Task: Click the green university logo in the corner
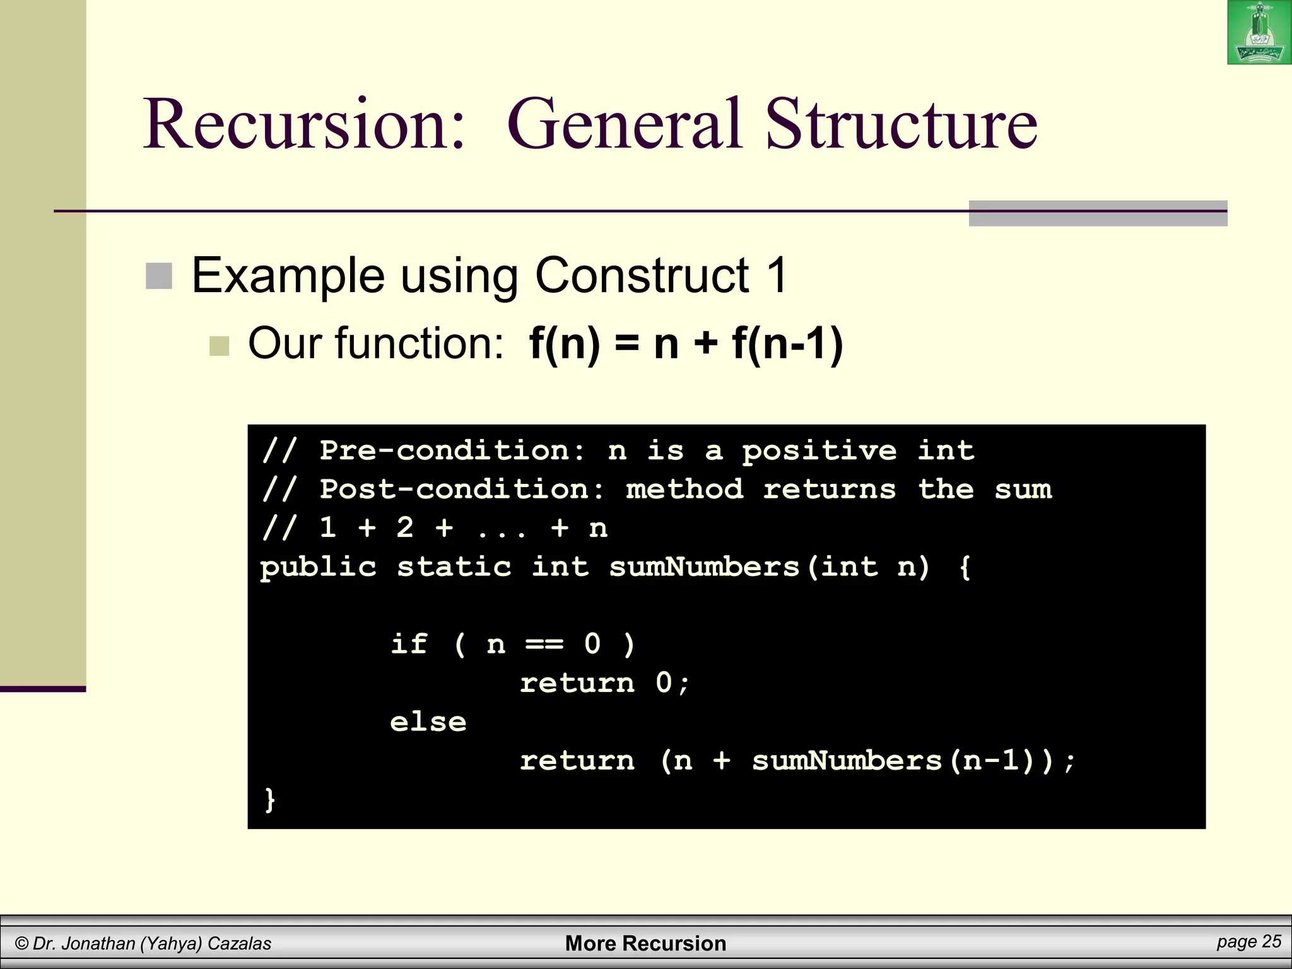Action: click(1259, 32)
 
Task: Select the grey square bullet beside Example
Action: click(159, 276)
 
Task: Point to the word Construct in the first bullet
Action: click(641, 275)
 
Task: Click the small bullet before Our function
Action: click(219, 346)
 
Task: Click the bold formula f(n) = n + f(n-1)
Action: click(686, 344)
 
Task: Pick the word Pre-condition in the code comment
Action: click(453, 450)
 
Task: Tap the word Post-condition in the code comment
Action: click(462, 490)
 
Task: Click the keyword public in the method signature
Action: click(318, 567)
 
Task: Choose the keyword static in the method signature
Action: click(454, 567)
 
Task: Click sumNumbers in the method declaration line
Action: click(704, 567)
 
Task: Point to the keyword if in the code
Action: click(408, 644)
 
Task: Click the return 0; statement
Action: click(605, 683)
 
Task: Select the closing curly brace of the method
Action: click(270, 800)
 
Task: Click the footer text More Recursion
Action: click(645, 943)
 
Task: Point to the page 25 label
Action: click(1248, 942)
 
